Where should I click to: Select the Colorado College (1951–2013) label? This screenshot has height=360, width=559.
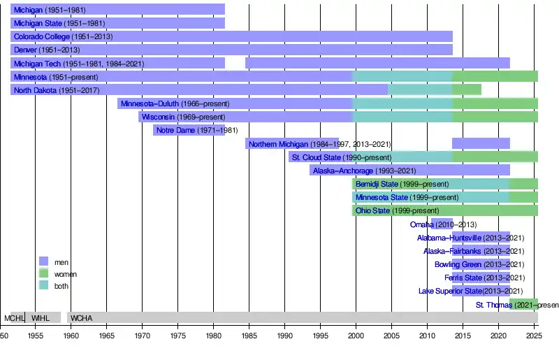pyautogui.click(x=63, y=36)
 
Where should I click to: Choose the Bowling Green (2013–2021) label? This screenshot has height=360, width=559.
pyautogui.click(x=479, y=265)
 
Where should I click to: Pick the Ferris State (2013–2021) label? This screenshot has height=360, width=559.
pyautogui.click(x=484, y=278)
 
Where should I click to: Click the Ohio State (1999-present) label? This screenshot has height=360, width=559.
pyautogui.click(x=397, y=210)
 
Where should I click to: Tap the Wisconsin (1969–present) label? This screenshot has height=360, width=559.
pyautogui.click(x=183, y=117)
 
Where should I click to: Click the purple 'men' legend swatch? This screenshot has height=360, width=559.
pyautogui.click(x=44, y=261)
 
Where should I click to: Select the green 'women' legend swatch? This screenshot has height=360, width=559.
pyautogui.click(x=44, y=273)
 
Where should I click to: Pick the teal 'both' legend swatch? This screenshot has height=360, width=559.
pyautogui.click(x=44, y=285)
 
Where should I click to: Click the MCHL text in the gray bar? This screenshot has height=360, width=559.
pyautogui.click(x=14, y=318)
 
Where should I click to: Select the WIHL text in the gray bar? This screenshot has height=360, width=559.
pyautogui.click(x=41, y=318)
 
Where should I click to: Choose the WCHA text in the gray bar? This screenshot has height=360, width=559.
pyautogui.click(x=82, y=318)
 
